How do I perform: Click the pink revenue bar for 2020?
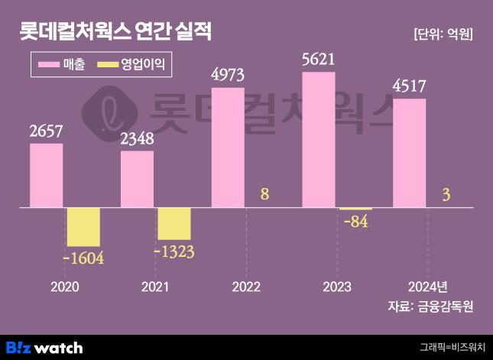[x=46, y=175]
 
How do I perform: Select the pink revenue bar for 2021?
[x=137, y=179]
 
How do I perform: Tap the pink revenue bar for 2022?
[x=228, y=147]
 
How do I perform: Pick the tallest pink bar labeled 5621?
[x=319, y=139]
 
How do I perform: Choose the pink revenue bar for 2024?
[x=409, y=153]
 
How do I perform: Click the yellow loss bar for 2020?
[x=83, y=227]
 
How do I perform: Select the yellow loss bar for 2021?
[x=174, y=223]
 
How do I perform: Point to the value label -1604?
[x=83, y=258]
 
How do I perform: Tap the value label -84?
[x=356, y=222]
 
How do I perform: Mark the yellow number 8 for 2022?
[x=264, y=194]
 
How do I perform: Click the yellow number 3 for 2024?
[x=446, y=196]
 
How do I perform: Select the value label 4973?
[x=228, y=75]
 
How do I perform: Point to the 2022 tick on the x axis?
[x=246, y=287]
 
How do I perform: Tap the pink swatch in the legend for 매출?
[x=55, y=65]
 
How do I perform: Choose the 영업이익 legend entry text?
[x=143, y=65]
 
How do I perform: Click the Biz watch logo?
[x=44, y=347]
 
